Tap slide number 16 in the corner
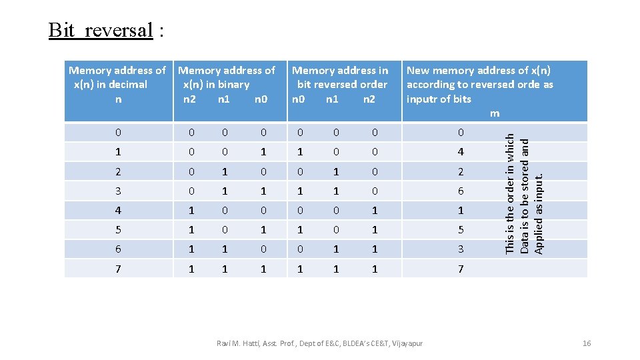point(587,343)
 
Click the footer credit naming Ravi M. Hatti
point(319,343)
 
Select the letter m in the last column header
point(494,113)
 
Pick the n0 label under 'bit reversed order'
point(299,99)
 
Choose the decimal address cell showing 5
point(118,230)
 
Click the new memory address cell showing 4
point(460,153)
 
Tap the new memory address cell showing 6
point(460,191)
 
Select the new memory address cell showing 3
point(460,249)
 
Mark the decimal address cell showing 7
point(118,269)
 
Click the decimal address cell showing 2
point(118,172)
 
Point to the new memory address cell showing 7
point(460,269)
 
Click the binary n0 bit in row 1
point(263,153)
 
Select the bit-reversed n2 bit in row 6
point(374,249)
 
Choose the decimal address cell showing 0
point(118,133)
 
